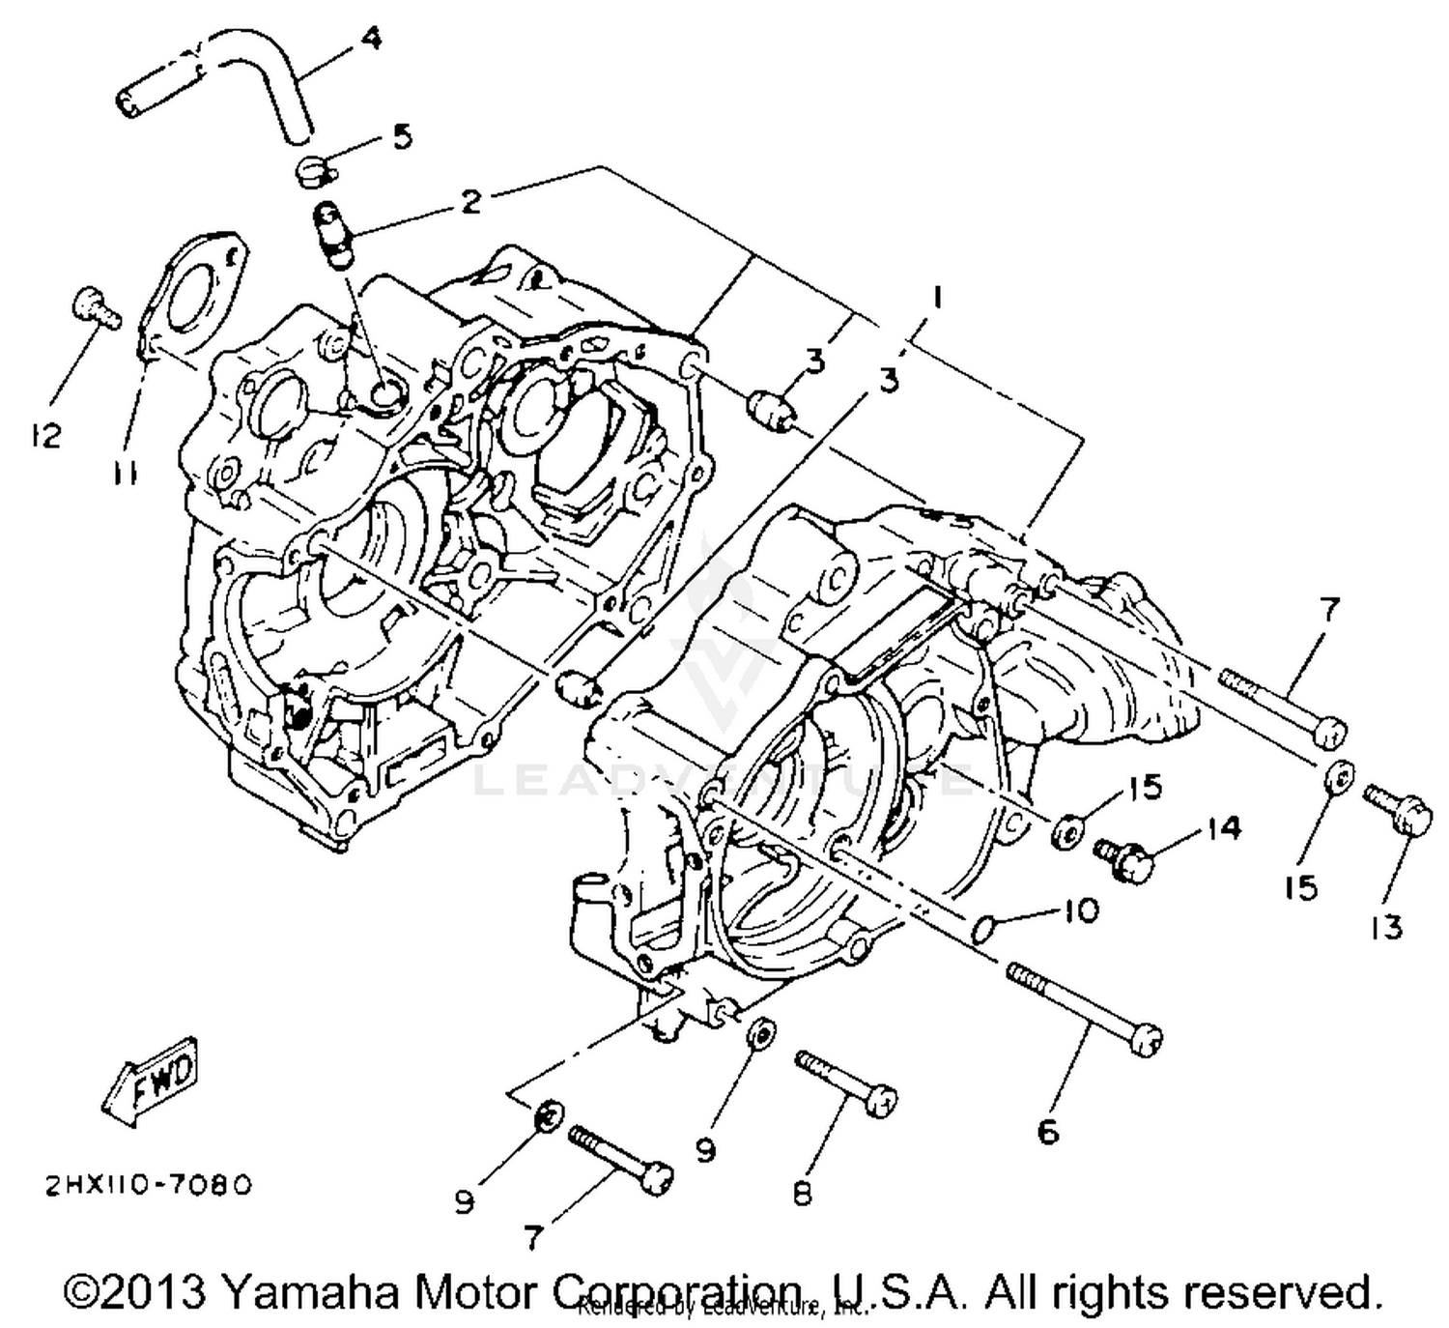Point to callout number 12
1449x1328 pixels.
click(44, 435)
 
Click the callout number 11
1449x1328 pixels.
click(124, 474)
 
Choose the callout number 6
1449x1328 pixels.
click(1048, 1129)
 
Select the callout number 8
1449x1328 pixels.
click(803, 1194)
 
